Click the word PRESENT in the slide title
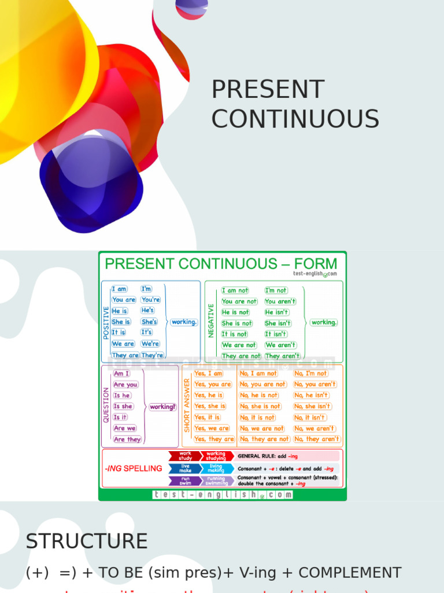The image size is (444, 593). (x=268, y=90)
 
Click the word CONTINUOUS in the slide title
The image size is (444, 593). (x=295, y=119)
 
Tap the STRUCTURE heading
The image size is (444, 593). (x=87, y=541)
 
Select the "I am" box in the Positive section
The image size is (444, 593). (x=120, y=289)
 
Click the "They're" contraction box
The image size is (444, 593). (x=153, y=355)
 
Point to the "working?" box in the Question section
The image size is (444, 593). (x=162, y=407)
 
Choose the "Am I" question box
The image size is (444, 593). (x=122, y=374)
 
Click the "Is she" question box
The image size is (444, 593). (x=123, y=406)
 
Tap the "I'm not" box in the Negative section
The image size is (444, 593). (x=276, y=290)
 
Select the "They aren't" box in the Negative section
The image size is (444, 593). (x=283, y=356)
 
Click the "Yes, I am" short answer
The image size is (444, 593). (x=209, y=374)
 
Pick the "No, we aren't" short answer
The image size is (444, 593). (x=314, y=429)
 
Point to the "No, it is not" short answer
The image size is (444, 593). (x=257, y=418)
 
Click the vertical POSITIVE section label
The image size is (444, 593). (x=106, y=323)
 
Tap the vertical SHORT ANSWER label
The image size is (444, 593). (x=187, y=405)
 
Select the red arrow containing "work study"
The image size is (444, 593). (x=185, y=456)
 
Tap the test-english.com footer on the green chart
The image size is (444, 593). (x=223, y=495)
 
